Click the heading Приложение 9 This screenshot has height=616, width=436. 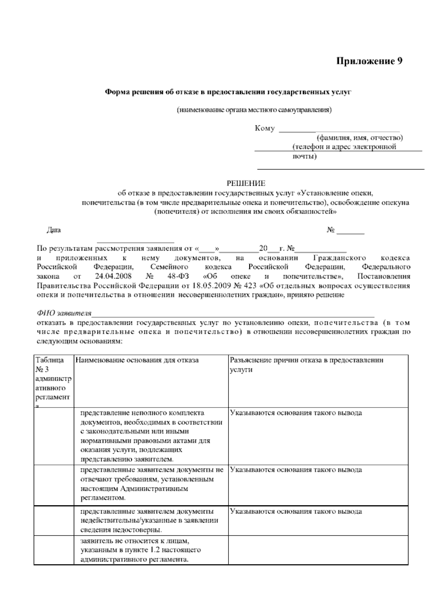369,61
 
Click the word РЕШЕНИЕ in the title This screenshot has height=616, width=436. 246,183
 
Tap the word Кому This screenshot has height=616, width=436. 265,128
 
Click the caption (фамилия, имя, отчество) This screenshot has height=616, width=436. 360,138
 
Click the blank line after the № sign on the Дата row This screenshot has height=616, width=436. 350,232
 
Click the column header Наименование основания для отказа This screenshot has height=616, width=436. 137,360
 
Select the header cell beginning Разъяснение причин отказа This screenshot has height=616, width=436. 306,365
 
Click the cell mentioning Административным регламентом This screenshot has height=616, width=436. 150,484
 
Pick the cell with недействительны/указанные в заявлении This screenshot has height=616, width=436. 150,520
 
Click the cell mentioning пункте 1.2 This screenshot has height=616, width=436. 150,550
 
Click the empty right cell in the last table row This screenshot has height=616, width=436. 318,550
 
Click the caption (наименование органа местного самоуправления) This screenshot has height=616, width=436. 254,110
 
